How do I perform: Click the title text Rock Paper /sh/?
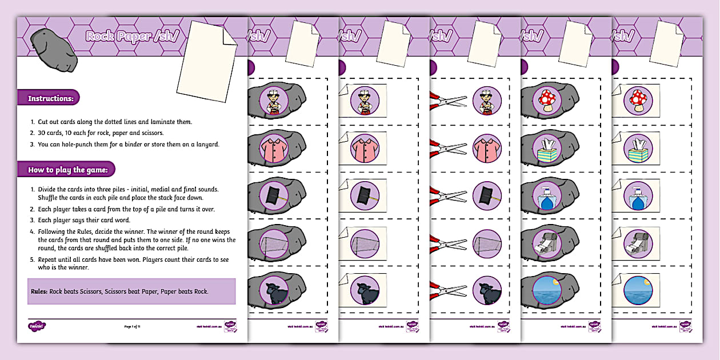[x=127, y=36]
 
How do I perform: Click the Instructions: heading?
[x=51, y=98]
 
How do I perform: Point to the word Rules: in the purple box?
[x=39, y=291]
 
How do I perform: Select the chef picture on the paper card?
[x=365, y=99]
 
